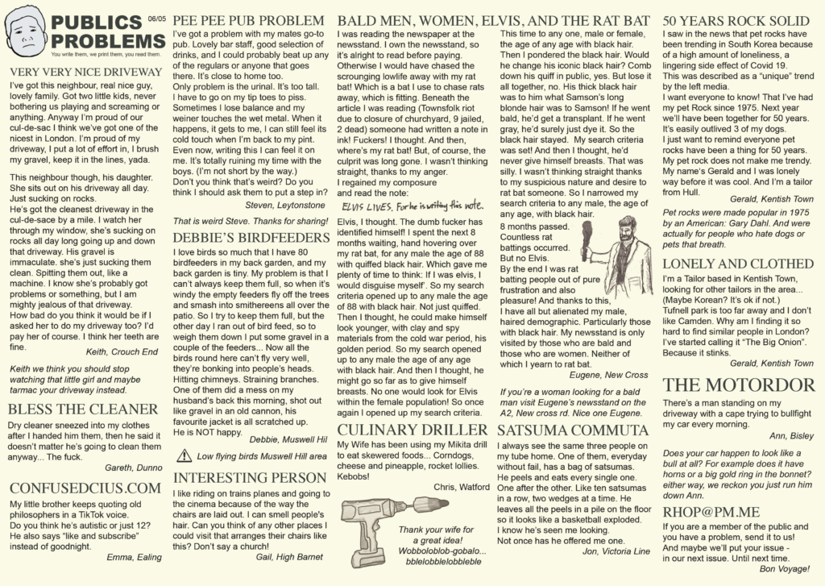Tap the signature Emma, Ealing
(133, 556)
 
